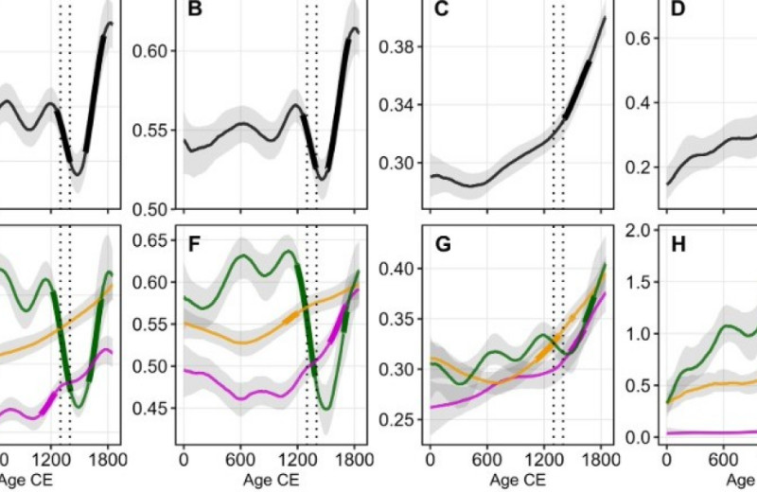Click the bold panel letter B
pos(195,10)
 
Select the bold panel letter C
pos(441,10)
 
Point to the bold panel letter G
pos(442,248)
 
